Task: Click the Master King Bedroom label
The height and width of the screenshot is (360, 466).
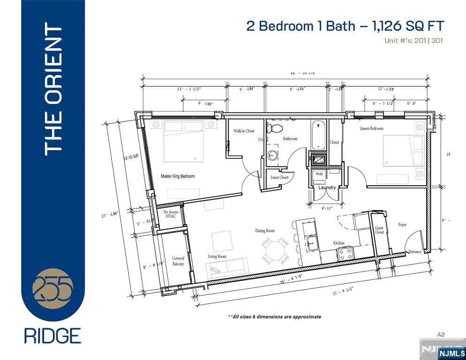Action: coord(178,176)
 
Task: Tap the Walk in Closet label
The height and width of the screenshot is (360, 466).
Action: coord(244,131)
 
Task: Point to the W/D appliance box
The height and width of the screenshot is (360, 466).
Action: coord(319,174)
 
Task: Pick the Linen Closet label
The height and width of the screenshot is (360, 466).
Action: coord(280,178)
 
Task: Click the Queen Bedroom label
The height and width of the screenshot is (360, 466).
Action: coord(371,128)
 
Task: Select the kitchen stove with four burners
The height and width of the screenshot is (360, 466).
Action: coord(346,254)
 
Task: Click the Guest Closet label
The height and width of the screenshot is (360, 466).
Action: coord(379,230)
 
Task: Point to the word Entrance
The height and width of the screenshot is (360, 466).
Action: coord(415,252)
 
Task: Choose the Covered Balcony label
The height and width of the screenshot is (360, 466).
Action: coord(178,261)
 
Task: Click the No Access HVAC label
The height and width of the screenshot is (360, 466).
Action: coord(171,215)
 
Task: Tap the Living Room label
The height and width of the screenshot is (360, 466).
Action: coord(217,256)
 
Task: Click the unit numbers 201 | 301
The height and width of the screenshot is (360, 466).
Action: coord(428,41)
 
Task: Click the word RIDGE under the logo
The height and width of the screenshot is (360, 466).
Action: coord(53,336)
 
